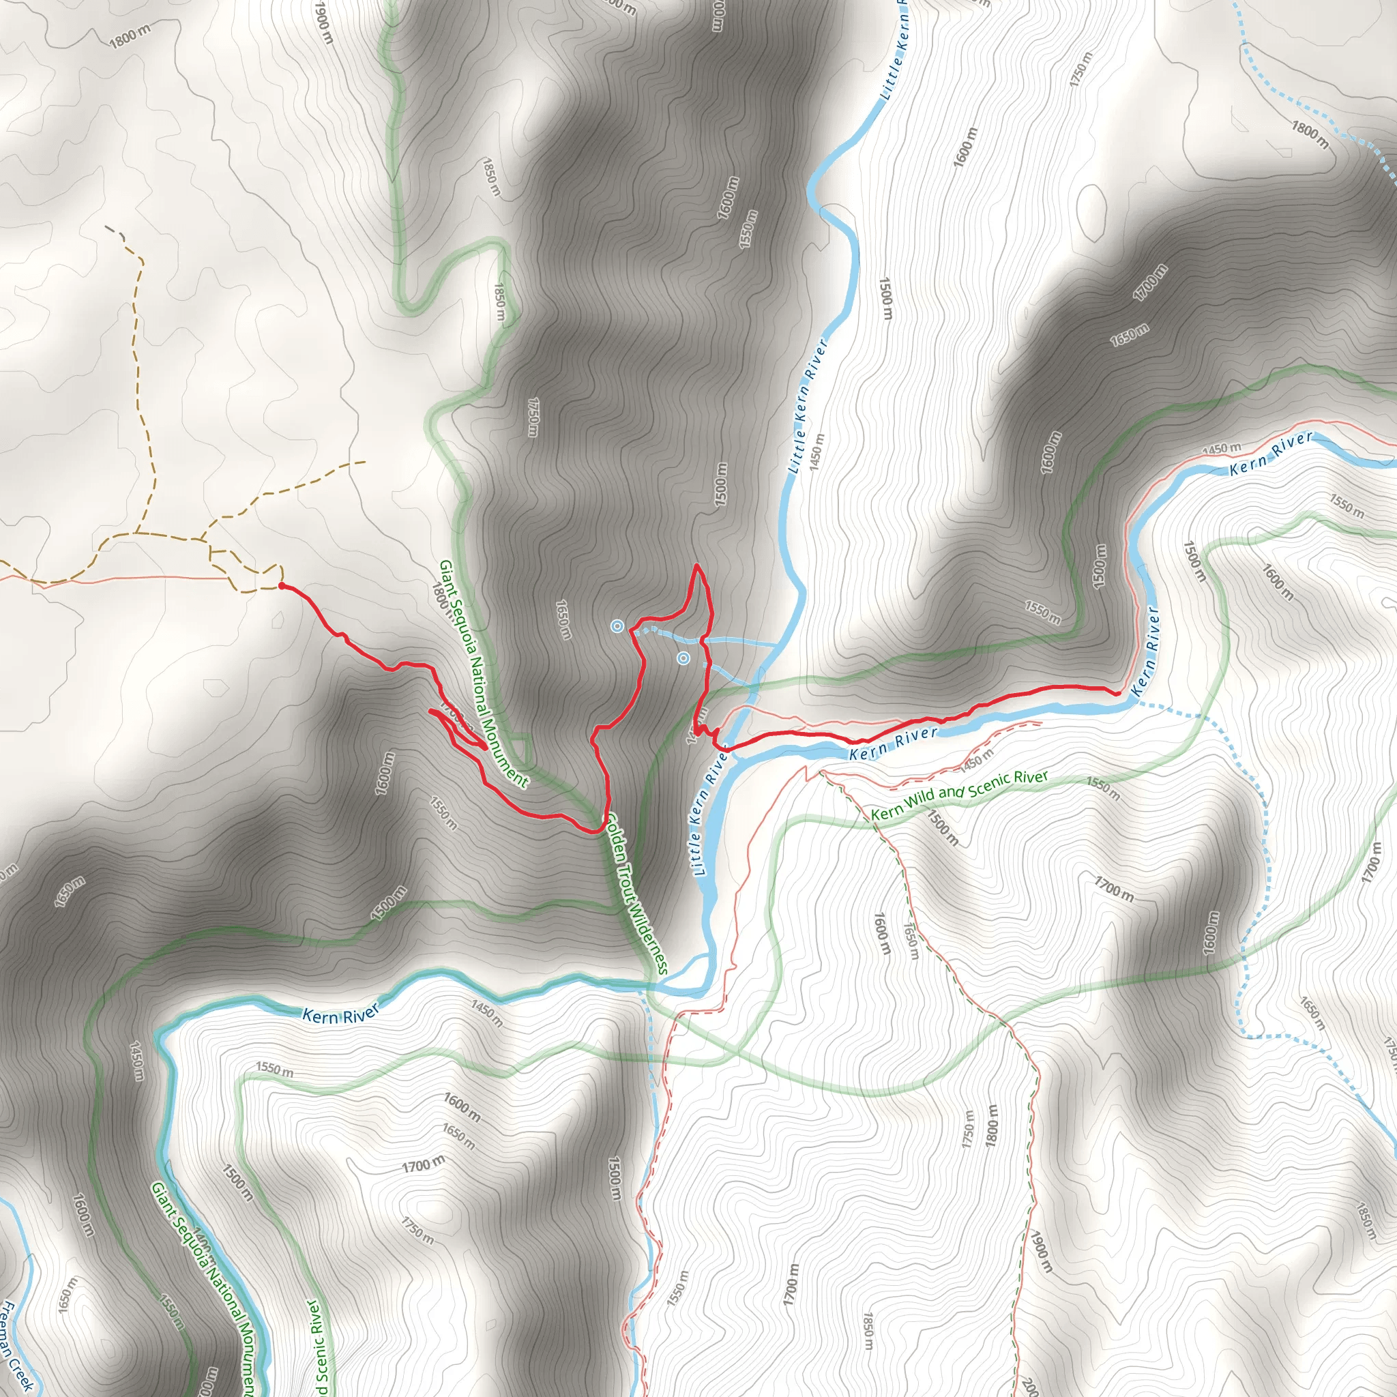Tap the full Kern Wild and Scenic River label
point(959,795)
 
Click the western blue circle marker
point(617,626)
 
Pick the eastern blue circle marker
point(683,658)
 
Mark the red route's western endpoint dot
point(281,585)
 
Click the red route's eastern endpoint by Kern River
point(1117,693)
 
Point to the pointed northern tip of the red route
point(696,565)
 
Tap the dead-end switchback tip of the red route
point(431,711)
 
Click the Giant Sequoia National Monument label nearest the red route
point(483,673)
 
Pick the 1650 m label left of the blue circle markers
point(563,619)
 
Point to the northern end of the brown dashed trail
point(106,227)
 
